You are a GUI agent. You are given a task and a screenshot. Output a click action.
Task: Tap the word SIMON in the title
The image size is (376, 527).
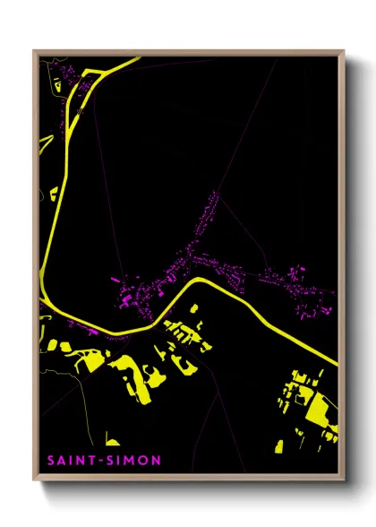click(x=114, y=461)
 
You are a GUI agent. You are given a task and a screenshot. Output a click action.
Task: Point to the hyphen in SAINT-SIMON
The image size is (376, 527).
click(x=90, y=461)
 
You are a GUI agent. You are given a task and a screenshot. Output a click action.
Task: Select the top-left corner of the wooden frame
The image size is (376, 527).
click(x=34, y=51)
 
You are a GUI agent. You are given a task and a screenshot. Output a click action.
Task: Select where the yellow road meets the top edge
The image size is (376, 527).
click(x=139, y=58)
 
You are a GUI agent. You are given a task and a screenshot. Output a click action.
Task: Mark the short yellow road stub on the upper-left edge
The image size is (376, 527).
click(x=42, y=143)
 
